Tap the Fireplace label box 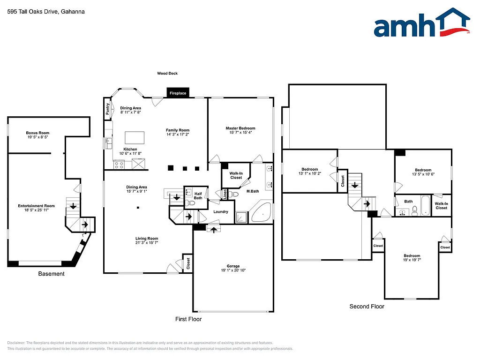pos(178,93)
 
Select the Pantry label pos(108,110)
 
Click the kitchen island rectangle pos(135,138)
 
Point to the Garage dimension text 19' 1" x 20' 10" pos(233,270)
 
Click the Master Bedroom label pos(240,128)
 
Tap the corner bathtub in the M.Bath pos(262,212)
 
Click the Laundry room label pos(220,212)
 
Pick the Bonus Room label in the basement pos(37,133)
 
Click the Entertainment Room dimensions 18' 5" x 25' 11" pos(37,210)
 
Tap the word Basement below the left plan pos(51,274)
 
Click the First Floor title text pos(188,319)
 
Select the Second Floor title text pos(367,306)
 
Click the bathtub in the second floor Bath pos(426,205)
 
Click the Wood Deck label pos(167,73)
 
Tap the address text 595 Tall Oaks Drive pos(46,12)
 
